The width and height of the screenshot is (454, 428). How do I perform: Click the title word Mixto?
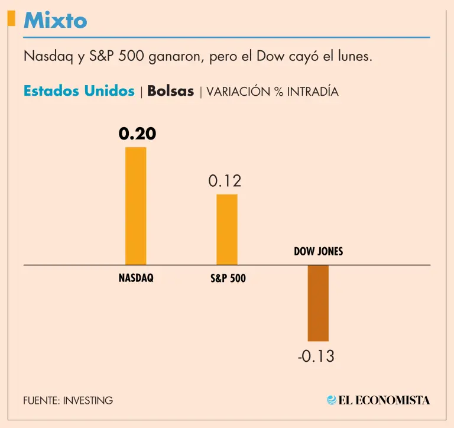(55, 21)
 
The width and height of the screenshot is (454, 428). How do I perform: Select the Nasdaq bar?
(135, 206)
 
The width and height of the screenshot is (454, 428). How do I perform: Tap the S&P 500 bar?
(227, 229)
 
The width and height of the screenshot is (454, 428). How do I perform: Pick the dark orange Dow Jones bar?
(318, 303)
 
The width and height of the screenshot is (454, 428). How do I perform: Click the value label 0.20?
(137, 134)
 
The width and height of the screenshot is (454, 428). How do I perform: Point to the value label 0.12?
(225, 181)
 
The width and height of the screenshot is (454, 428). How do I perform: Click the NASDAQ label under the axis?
(136, 277)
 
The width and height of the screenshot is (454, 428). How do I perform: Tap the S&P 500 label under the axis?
(228, 278)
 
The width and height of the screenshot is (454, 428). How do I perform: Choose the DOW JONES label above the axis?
(318, 251)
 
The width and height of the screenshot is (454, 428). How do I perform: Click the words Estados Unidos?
(79, 91)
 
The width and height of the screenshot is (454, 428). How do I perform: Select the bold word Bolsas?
(170, 91)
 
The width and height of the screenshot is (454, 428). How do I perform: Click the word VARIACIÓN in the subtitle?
(235, 92)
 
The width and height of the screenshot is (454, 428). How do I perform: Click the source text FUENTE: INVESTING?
(68, 400)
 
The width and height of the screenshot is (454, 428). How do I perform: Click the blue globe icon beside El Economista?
(332, 400)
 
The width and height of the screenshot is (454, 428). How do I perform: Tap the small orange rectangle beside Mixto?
(11, 19)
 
